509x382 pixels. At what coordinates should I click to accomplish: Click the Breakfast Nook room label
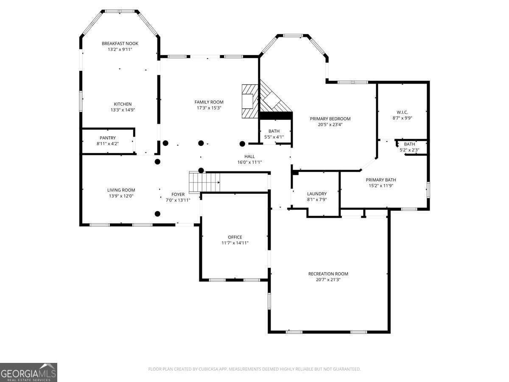pos(120,43)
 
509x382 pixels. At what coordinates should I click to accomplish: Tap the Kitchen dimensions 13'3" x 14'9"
pos(123,110)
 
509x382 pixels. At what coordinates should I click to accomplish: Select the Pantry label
pos(108,138)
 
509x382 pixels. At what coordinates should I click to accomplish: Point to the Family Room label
pos(209,102)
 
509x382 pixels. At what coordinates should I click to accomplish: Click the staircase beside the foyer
pos(204,182)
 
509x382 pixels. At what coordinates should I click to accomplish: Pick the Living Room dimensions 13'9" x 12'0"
pos(121,196)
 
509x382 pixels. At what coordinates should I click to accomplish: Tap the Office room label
pos(235,237)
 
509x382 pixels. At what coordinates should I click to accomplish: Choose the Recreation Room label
pos(328,274)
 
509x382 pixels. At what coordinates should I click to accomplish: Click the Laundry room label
pos(317,194)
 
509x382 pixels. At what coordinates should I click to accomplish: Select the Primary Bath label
pos(381,180)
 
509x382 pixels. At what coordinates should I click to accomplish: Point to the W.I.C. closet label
pos(402,112)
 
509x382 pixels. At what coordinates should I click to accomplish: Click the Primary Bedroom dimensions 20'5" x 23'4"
pos(330,124)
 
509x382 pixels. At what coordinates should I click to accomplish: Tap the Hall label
pos(249,156)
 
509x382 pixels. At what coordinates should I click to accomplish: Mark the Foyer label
pos(178,194)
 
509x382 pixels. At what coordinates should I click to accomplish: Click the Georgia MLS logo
pos(28,372)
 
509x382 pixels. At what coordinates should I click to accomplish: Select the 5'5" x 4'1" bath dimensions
pos(274,137)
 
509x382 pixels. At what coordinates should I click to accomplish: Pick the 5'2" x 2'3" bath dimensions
pos(409,150)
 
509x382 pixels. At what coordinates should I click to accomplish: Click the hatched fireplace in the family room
pos(250,101)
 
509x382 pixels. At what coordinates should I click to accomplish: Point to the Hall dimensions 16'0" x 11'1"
pos(249,162)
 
